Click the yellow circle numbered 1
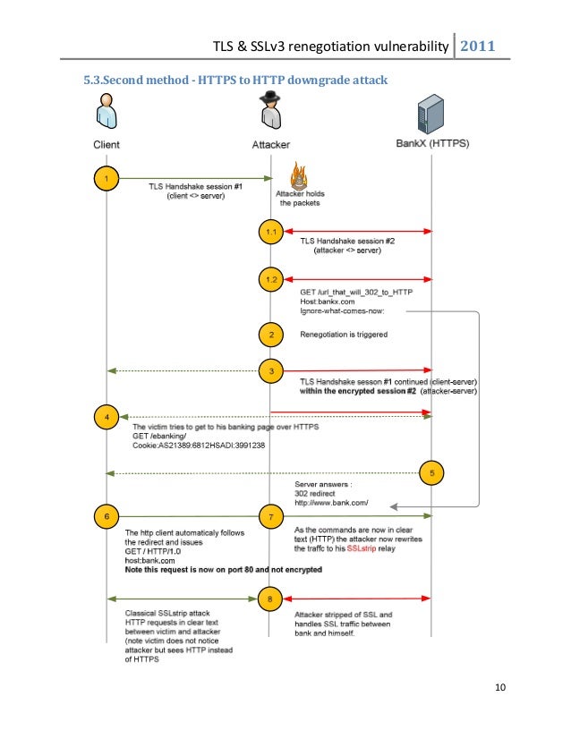click(107, 179)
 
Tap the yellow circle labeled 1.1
click(271, 232)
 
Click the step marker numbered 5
click(431, 473)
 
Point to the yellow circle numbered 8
click(271, 598)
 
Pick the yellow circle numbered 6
click(107, 515)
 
